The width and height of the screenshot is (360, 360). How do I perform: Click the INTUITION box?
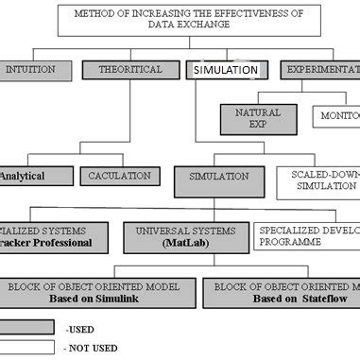(x=30, y=70)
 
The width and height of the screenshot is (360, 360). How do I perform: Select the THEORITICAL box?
(x=130, y=70)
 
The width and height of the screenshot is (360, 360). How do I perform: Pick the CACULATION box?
(x=119, y=176)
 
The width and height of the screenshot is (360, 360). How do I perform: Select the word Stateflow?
(x=311, y=298)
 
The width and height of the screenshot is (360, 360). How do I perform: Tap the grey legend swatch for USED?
(x=26, y=328)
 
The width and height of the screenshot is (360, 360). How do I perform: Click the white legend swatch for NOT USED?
(x=26, y=348)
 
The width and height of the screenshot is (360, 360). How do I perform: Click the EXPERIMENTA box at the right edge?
(x=320, y=70)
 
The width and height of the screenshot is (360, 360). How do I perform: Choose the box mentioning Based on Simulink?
(x=101, y=292)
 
